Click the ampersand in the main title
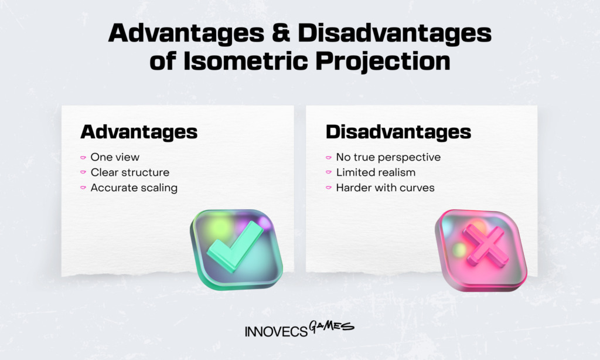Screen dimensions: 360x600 pyautogui.click(x=282, y=33)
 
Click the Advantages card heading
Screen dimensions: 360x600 pyautogui.click(x=139, y=132)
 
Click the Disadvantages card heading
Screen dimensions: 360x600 pyautogui.click(x=398, y=132)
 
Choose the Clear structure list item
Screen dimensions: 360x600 pyautogui.click(x=129, y=172)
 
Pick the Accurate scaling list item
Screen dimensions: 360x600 pyautogui.click(x=134, y=188)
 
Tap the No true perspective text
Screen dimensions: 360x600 pyautogui.click(x=388, y=157)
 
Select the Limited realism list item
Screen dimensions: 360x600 pyautogui.click(x=376, y=172)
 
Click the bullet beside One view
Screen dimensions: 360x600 pyautogui.click(x=83, y=158)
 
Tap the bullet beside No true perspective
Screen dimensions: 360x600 pyautogui.click(x=329, y=158)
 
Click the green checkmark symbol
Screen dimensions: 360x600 pyautogui.click(x=235, y=247)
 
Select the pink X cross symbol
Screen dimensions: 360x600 pyautogui.click(x=485, y=246)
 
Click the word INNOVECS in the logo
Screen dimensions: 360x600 pyautogui.click(x=275, y=331)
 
